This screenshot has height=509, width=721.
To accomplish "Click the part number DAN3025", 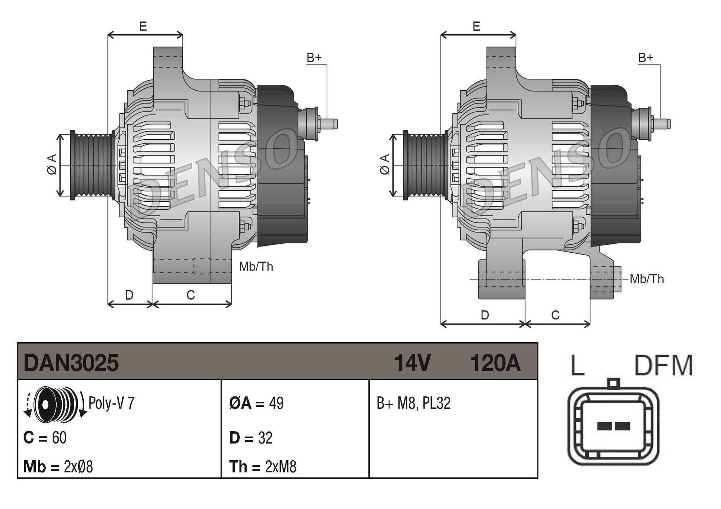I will pos(71,363).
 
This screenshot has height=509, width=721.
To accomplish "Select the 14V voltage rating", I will pos(412,363).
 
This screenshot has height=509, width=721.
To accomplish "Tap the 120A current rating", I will pos(495,363).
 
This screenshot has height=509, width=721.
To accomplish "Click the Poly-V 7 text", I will pos(111,403).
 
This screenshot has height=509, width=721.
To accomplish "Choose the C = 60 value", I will pos(45,438).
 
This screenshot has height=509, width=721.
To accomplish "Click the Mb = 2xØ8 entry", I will pos(58,467).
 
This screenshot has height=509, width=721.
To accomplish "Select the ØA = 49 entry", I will pos(256,403).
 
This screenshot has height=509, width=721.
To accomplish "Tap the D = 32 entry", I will pos(251,438).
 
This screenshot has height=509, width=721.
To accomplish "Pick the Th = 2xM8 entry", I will pos(263,467).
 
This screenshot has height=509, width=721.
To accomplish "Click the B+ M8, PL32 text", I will pos(413,403).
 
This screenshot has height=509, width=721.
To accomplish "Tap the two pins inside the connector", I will pos(613,426).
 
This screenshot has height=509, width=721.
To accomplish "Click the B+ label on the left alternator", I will pos(314,58).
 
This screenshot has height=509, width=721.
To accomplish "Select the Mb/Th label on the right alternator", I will pos(647,279).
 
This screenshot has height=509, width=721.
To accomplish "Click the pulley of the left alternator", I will pos(92,165).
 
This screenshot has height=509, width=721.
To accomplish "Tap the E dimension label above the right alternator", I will pos(476,26).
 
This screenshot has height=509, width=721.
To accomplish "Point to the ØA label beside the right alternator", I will pos(385,165).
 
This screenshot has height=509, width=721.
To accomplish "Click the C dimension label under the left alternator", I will pos(191,295).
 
